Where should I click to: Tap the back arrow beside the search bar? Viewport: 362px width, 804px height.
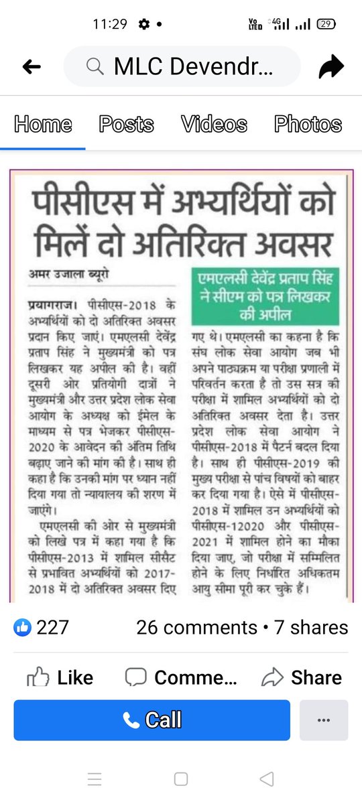click(32, 66)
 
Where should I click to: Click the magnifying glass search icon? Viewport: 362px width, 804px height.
click(95, 66)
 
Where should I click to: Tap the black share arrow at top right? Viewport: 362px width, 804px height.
click(331, 66)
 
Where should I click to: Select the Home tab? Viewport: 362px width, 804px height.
click(42, 124)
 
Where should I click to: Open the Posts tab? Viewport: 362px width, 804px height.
click(126, 124)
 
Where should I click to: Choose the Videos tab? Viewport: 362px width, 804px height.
click(214, 124)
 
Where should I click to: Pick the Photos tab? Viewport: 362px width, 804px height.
click(308, 124)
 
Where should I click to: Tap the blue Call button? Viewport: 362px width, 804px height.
click(152, 720)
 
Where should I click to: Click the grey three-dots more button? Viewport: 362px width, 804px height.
click(324, 720)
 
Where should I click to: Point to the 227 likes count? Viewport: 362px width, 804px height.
click(52, 628)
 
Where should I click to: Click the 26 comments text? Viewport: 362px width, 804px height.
click(196, 628)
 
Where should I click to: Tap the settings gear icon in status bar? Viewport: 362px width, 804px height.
click(143, 24)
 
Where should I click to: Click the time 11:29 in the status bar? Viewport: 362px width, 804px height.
click(110, 24)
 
